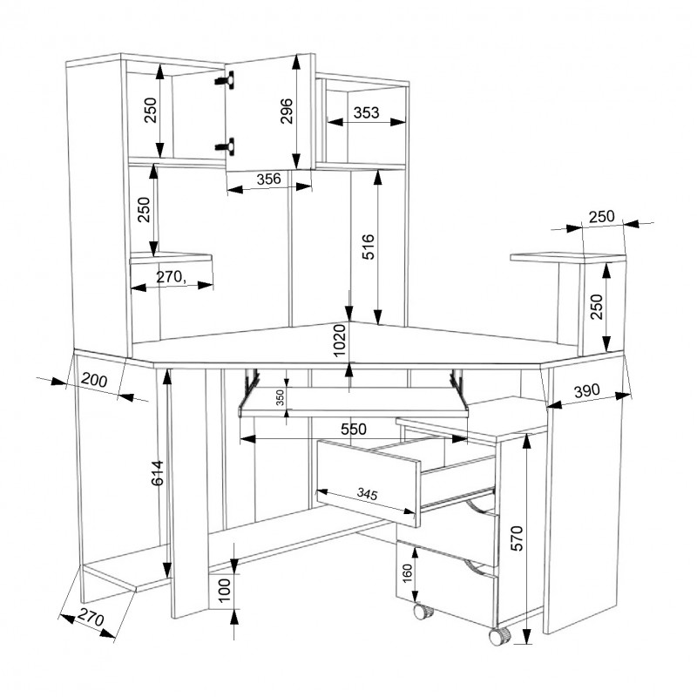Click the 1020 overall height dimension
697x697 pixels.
click(340, 340)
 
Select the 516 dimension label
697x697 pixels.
click(368, 247)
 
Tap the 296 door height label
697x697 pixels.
click(287, 111)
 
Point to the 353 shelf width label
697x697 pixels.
click(366, 113)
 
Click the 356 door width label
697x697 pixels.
click(269, 179)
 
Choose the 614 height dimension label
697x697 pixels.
click(158, 473)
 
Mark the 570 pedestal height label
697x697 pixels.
click(517, 538)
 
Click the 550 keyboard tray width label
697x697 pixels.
click(354, 429)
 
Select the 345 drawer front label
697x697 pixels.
click(367, 493)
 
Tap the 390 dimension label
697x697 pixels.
click(586, 390)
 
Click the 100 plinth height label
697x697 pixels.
click(225, 590)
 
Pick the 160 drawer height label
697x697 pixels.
click(407, 573)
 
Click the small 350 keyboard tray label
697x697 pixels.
click(280, 398)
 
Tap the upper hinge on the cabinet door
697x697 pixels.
click(226, 79)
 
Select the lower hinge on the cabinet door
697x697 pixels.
click(226, 145)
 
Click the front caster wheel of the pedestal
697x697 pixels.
click(500, 636)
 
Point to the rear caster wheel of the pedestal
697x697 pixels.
click(423, 611)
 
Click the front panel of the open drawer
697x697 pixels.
click(368, 483)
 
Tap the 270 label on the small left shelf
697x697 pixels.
click(171, 277)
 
